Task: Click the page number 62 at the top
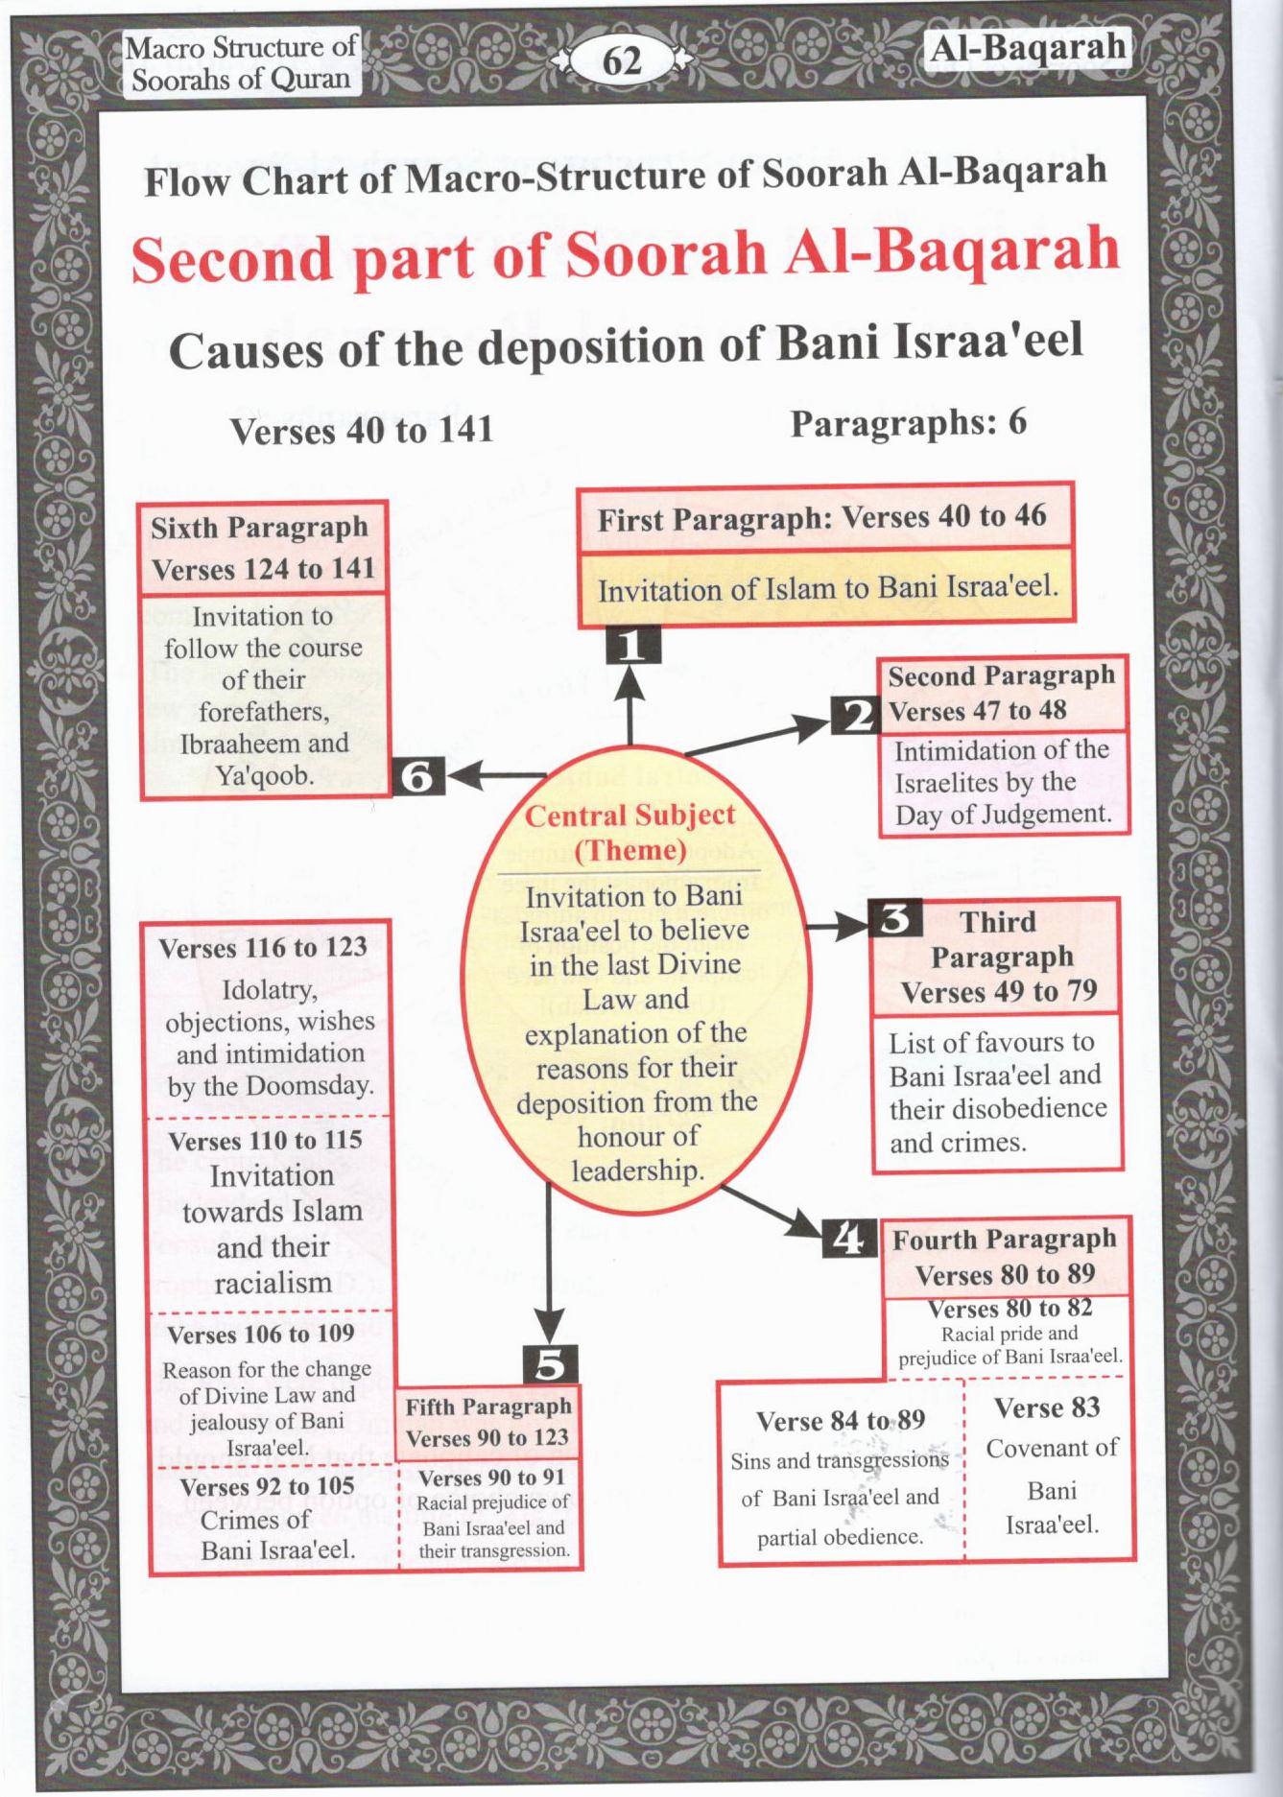tap(621, 61)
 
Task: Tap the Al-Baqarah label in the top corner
tap(1028, 48)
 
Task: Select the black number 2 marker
tap(854, 715)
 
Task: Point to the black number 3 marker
tap(895, 919)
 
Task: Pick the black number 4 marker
tap(849, 1240)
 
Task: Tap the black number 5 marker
tap(550, 1363)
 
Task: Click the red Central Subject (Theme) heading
tap(630, 833)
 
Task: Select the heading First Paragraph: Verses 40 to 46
tap(821, 518)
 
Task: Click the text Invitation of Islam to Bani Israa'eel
tap(827, 587)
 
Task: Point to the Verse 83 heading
tap(1046, 1407)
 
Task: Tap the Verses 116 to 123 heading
tap(263, 948)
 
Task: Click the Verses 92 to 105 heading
tap(267, 1487)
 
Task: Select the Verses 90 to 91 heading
tap(491, 1478)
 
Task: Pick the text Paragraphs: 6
tap(908, 422)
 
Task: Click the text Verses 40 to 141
tap(362, 431)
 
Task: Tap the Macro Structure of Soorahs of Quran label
tap(241, 62)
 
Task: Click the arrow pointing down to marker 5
tap(548, 1266)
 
